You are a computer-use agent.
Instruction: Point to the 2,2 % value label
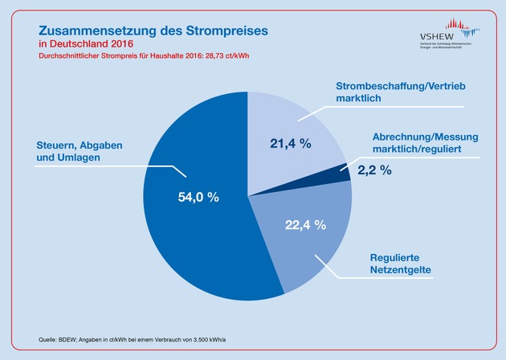(x=374, y=170)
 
